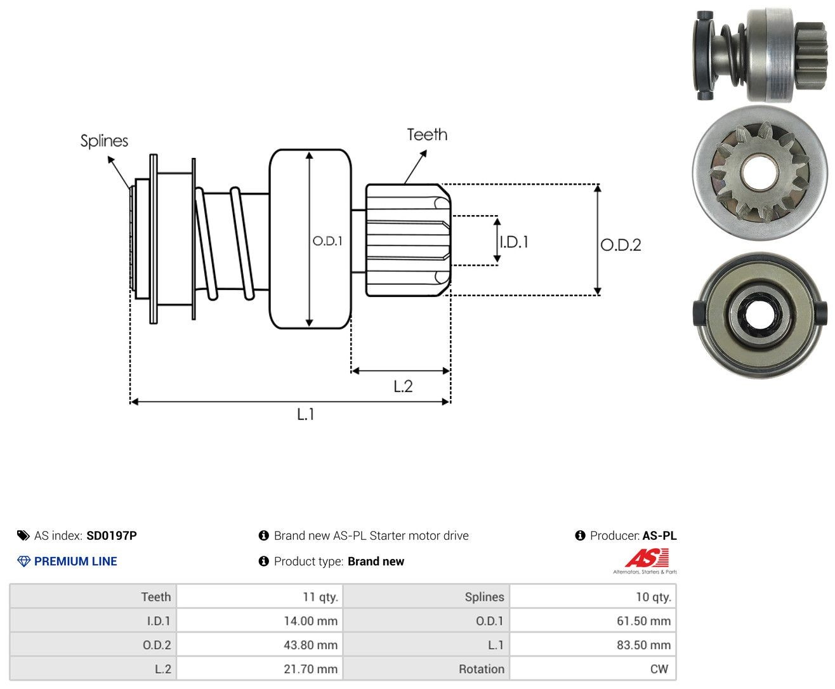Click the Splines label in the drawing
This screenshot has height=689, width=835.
click(104, 141)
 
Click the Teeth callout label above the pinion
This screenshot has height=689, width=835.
click(426, 135)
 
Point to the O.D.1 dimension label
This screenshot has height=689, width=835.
click(327, 240)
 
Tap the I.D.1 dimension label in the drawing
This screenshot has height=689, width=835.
click(515, 242)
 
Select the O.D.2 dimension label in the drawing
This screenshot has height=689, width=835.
click(621, 245)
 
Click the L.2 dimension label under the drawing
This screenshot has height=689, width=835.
click(403, 386)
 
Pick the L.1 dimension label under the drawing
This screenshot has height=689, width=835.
click(306, 414)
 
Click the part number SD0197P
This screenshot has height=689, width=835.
click(112, 535)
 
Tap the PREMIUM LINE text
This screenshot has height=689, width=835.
click(76, 561)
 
